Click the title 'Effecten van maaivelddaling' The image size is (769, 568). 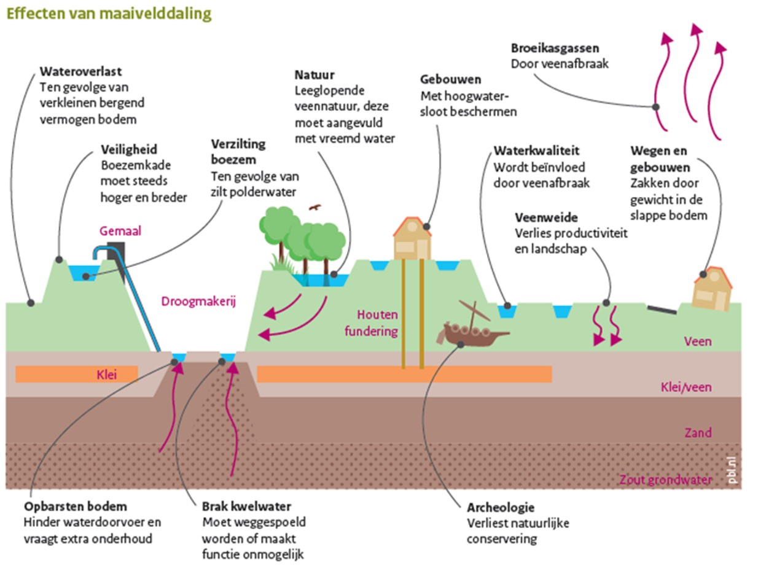[x=109, y=14]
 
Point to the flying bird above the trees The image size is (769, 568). [x=315, y=208]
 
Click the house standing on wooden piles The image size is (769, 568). [x=412, y=239]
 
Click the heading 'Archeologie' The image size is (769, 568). [x=500, y=508]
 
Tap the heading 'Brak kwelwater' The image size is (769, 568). [x=246, y=507]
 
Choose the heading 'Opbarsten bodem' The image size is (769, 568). [x=76, y=507]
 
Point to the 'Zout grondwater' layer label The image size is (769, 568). [x=665, y=480]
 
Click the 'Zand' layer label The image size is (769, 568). [x=698, y=433]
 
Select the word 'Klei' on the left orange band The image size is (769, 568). [x=107, y=373]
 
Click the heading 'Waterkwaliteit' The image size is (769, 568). [x=536, y=150]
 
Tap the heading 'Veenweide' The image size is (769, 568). [x=546, y=218]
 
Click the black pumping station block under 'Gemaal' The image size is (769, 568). [x=117, y=254]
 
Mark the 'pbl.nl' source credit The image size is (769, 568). [x=730, y=470]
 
